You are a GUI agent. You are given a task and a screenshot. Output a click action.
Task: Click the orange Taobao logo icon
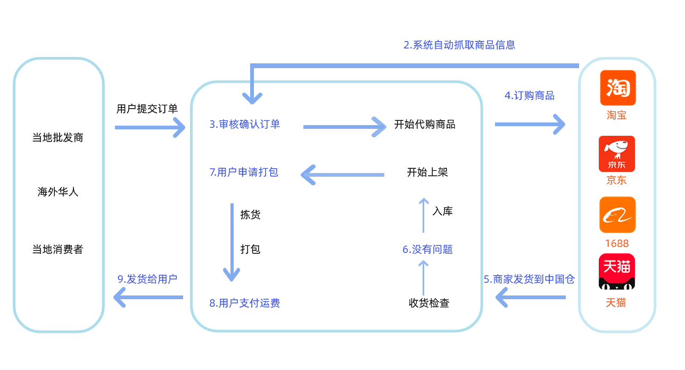click(x=617, y=88)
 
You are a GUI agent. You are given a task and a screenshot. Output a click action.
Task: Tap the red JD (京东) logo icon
click(x=617, y=153)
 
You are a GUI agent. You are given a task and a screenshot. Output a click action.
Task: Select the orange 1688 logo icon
click(x=617, y=215)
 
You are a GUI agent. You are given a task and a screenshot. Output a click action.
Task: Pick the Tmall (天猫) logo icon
click(x=617, y=272)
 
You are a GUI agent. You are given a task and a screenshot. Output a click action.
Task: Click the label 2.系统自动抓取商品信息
click(x=459, y=45)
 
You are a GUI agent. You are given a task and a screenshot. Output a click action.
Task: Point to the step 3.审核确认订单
click(x=245, y=125)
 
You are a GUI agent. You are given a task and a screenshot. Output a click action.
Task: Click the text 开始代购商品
click(x=425, y=125)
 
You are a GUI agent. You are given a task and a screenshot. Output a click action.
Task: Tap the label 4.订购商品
click(x=530, y=96)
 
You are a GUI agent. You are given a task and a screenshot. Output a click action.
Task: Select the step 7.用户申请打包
click(x=244, y=172)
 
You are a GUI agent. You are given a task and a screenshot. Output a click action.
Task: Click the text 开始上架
click(x=427, y=172)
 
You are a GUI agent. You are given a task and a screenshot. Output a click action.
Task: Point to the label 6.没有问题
click(x=427, y=249)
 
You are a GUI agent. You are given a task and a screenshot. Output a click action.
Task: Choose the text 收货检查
click(x=429, y=303)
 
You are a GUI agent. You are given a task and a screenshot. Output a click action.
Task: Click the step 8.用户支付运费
click(x=245, y=303)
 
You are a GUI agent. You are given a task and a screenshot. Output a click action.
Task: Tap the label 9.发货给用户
click(x=147, y=279)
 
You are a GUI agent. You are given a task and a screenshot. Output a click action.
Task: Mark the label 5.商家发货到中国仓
click(x=529, y=279)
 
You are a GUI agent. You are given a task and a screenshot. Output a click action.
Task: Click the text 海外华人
click(x=58, y=192)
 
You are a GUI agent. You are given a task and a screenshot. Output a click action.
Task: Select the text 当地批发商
click(x=58, y=137)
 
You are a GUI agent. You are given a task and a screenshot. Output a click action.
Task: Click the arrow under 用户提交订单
click(x=150, y=128)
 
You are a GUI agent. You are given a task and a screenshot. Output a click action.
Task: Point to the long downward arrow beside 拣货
click(x=232, y=242)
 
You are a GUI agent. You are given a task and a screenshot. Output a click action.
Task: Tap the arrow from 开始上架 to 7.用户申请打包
click(x=342, y=174)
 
